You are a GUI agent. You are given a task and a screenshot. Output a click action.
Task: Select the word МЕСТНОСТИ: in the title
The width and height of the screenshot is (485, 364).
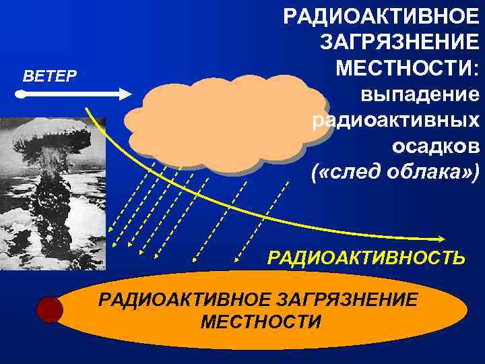click(408, 68)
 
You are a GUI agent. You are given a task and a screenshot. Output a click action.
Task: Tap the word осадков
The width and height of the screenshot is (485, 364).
click(435, 146)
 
